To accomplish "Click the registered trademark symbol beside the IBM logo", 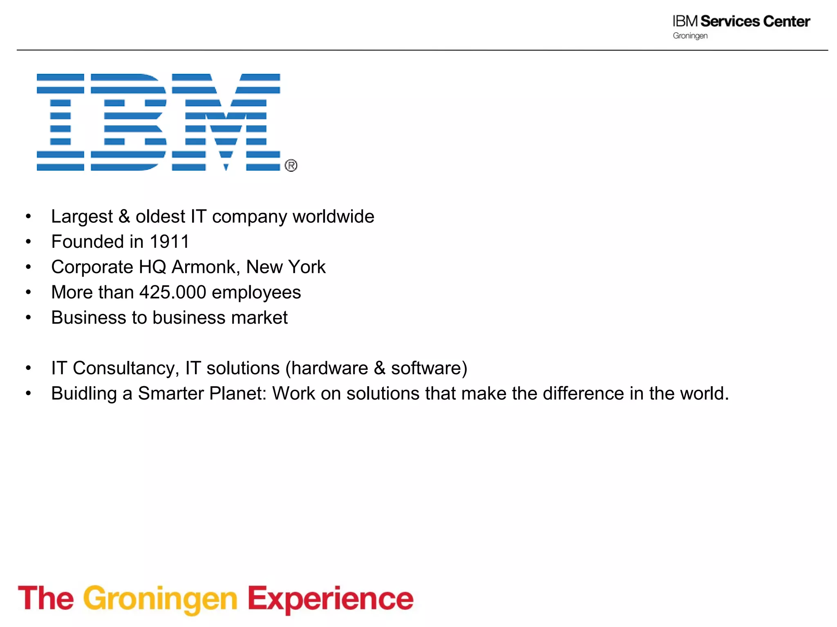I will pyautogui.click(x=291, y=165).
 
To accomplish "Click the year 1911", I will pyautogui.click(x=169, y=242).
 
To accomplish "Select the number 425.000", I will pyautogui.click(x=173, y=292).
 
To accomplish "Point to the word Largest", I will pyautogui.click(x=82, y=217).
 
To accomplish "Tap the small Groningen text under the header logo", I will pyautogui.click(x=690, y=36).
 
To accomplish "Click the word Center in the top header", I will pyautogui.click(x=786, y=21).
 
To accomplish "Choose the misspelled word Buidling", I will pyautogui.click(x=84, y=394).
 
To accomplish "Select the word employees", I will pyautogui.click(x=256, y=293).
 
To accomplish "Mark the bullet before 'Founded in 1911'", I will pyautogui.click(x=28, y=242).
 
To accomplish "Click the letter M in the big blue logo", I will pyautogui.click(x=226, y=122).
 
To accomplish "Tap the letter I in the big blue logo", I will pyautogui.click(x=60, y=122).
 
